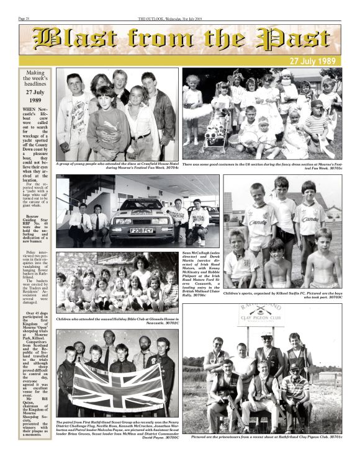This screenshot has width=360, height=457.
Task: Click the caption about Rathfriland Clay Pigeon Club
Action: click(x=267, y=437)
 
